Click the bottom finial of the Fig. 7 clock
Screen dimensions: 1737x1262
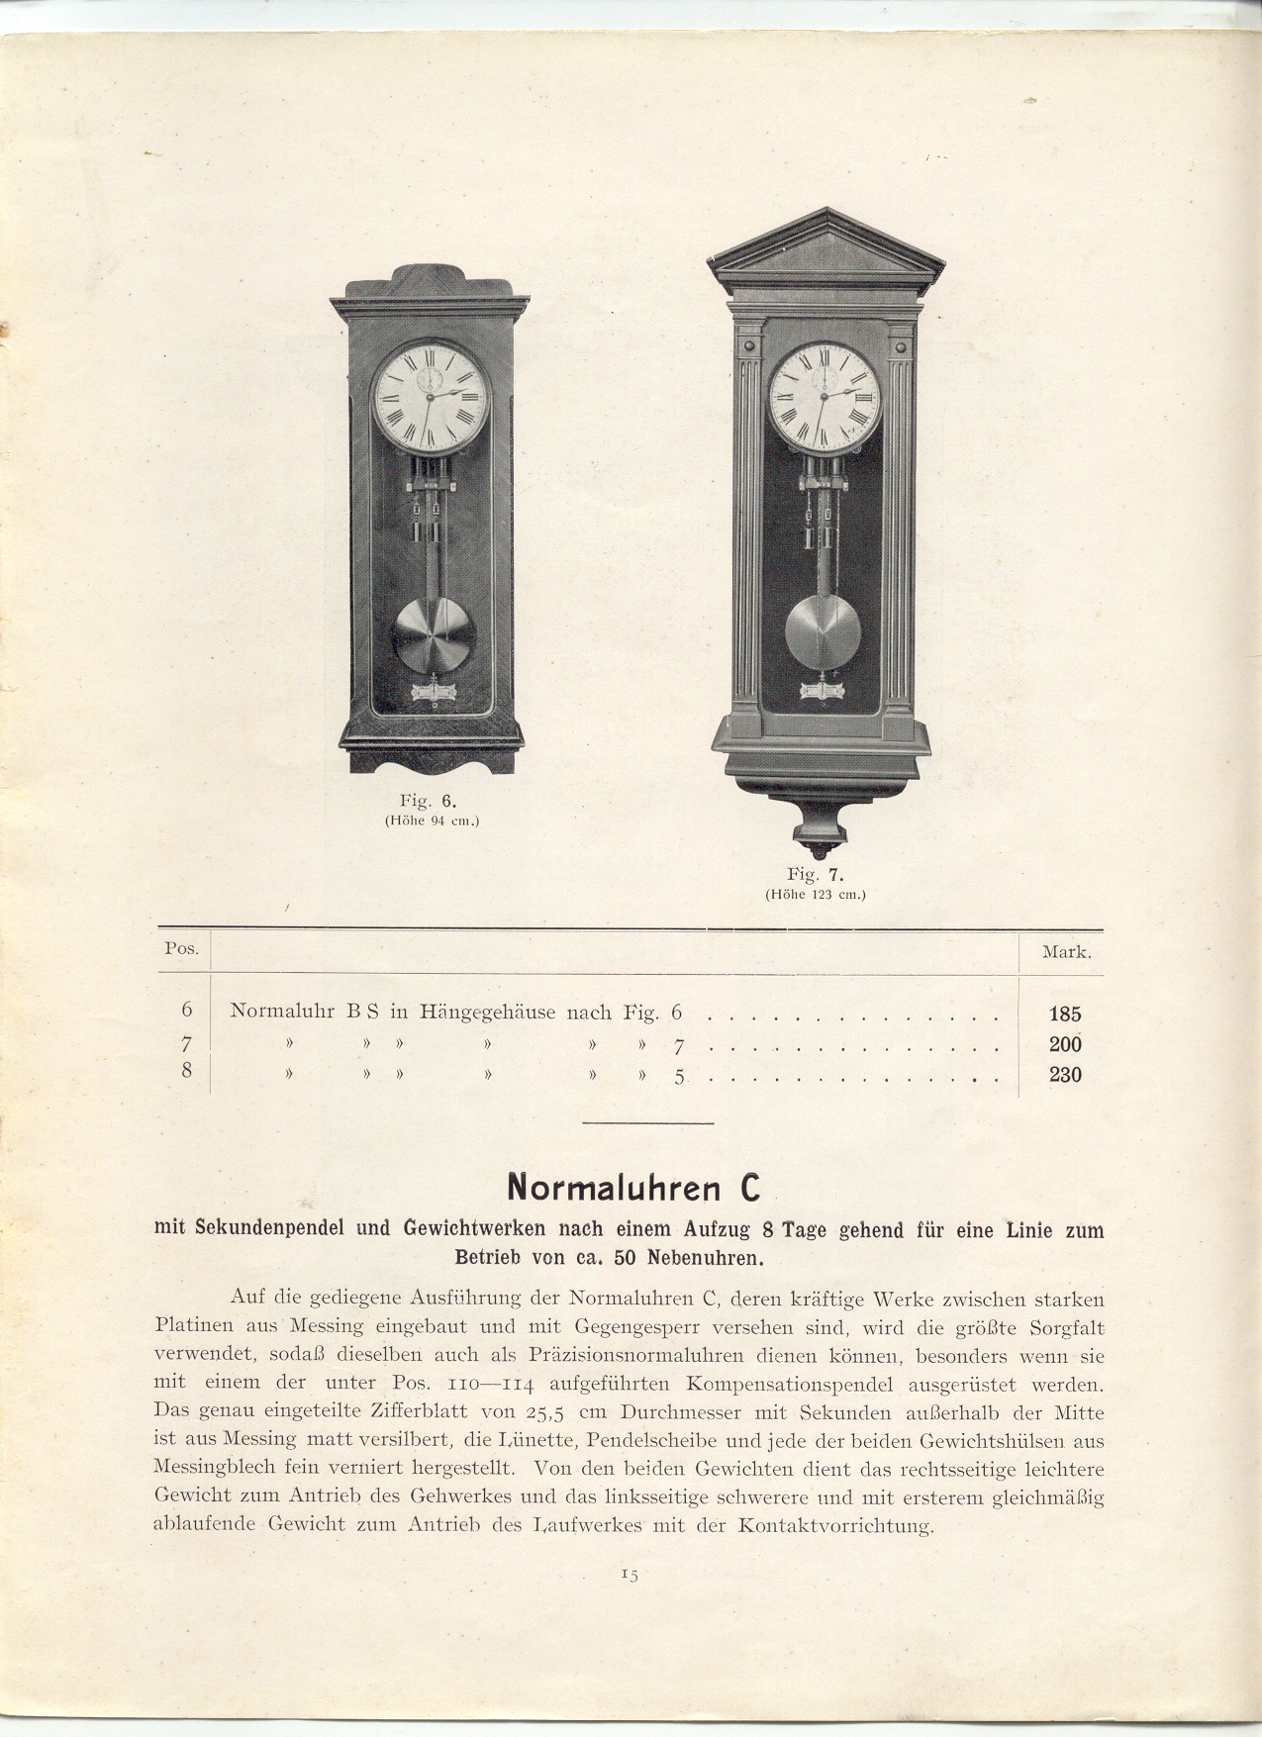click(x=823, y=849)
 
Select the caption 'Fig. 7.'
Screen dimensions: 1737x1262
click(x=816, y=874)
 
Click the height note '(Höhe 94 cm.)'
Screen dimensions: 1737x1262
click(x=431, y=820)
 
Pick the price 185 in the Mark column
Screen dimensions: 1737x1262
click(x=1065, y=1013)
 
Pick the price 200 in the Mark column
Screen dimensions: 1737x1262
click(x=1065, y=1044)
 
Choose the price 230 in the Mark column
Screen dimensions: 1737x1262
click(x=1065, y=1075)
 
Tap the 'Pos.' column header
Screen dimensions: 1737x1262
click(x=181, y=947)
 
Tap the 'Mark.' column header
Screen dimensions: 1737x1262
click(x=1066, y=953)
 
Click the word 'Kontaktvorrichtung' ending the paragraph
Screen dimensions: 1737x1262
click(x=834, y=1525)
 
